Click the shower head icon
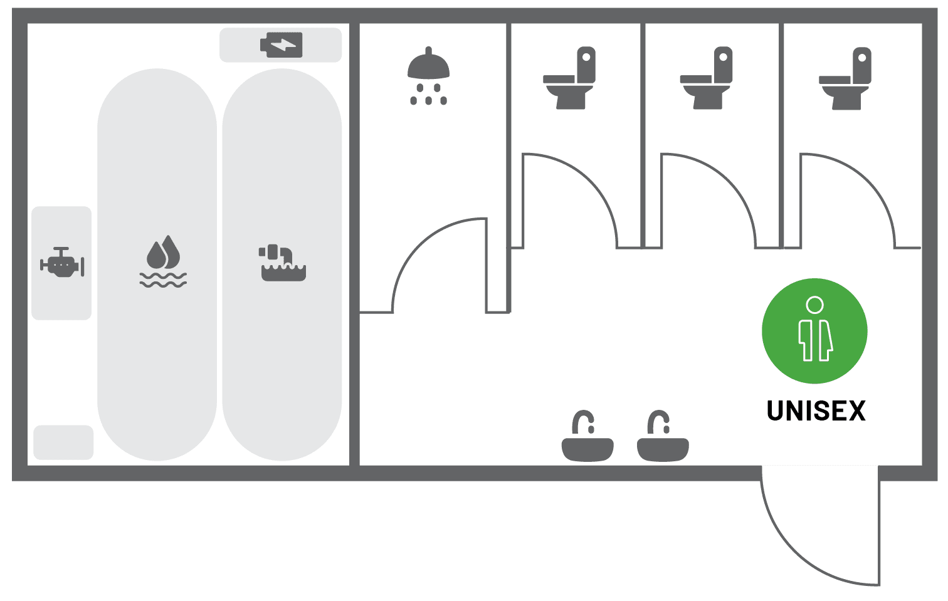click(428, 75)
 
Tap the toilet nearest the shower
click(570, 78)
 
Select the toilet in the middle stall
click(707, 78)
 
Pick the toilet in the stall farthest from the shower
click(845, 79)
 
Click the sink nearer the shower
click(587, 436)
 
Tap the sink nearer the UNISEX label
click(663, 436)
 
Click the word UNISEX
click(816, 410)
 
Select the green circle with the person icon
click(814, 331)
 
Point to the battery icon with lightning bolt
click(282, 44)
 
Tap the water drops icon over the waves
click(164, 261)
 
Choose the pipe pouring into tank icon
click(282, 263)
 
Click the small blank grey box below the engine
click(63, 442)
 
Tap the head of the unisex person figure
click(814, 305)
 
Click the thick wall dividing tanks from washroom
click(355, 244)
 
